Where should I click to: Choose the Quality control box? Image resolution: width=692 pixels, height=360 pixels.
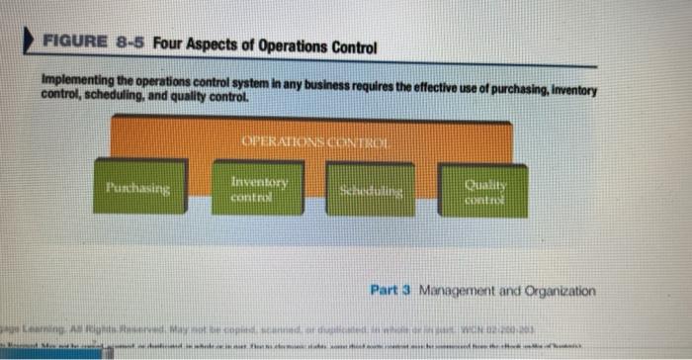coord(481,189)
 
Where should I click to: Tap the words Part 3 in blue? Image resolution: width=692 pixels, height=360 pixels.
coord(389,292)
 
